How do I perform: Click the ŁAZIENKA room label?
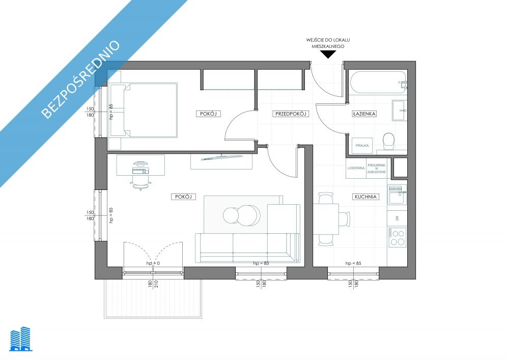(364, 114)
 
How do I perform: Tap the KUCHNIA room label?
(365, 197)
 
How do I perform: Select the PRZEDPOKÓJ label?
(291, 114)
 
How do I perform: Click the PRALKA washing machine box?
(362, 146)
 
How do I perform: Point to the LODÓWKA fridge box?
(356, 168)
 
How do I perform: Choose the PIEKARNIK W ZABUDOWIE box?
(377, 168)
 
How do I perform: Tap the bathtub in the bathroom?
(378, 83)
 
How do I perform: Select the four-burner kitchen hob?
(398, 237)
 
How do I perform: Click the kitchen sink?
(398, 195)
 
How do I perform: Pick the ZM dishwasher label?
(397, 218)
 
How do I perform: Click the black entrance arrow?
(328, 55)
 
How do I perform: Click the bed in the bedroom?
(143, 110)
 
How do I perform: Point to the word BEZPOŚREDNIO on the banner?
(81, 79)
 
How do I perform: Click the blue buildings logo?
(21, 339)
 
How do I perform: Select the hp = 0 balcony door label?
(153, 263)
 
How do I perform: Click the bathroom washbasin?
(399, 110)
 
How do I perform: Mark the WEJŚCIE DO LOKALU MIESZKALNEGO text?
(328, 43)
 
